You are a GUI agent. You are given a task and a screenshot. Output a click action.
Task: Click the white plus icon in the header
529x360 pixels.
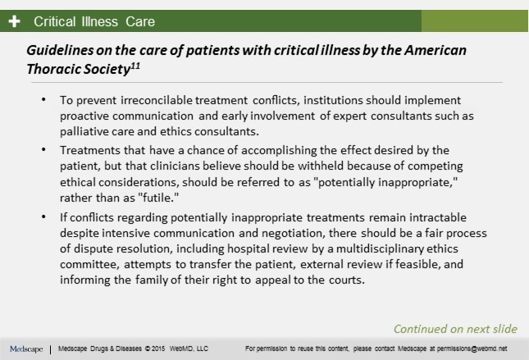coord(14,21)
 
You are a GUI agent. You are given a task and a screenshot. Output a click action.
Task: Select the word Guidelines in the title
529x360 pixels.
coord(58,50)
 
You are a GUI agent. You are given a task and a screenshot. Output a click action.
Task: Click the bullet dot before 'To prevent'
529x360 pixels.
coord(43,98)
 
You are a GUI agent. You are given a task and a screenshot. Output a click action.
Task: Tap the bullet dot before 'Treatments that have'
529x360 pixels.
coord(43,149)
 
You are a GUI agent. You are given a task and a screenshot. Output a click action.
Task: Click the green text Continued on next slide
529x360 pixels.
coord(455,328)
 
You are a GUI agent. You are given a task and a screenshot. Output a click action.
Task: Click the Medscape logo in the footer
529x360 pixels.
coord(25,349)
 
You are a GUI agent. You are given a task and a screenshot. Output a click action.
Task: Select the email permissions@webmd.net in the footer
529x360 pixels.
coord(473,349)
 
